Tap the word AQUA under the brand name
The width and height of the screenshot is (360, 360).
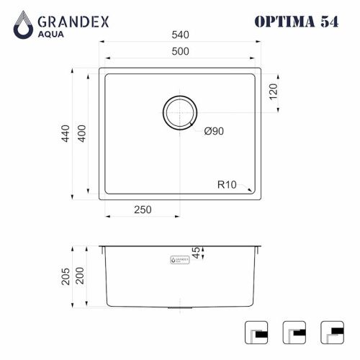(x=55, y=34)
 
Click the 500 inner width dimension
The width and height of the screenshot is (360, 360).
(x=179, y=52)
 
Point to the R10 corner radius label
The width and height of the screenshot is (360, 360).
(x=227, y=184)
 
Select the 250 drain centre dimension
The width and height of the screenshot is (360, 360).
(x=143, y=210)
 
